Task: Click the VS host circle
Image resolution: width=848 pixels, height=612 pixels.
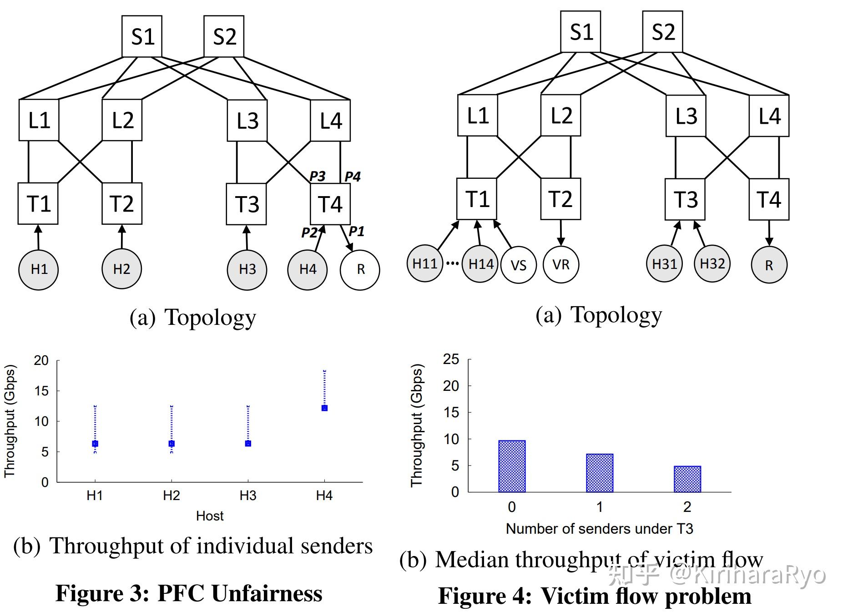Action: point(518,265)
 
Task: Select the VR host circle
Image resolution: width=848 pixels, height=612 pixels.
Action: point(560,264)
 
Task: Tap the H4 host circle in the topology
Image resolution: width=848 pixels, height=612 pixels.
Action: point(308,269)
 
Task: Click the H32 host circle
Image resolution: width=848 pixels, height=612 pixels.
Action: point(712,263)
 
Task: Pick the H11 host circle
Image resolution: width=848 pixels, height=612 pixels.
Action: point(424,263)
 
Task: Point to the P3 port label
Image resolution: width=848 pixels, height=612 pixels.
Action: point(317,176)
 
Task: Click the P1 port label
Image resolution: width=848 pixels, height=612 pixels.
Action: point(356,232)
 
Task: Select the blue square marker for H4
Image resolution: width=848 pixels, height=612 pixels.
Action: point(324,408)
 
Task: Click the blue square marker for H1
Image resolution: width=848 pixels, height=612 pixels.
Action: point(95,444)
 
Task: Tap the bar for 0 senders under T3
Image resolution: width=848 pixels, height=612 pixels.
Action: point(512,466)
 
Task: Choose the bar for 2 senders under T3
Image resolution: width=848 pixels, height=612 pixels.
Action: point(687,479)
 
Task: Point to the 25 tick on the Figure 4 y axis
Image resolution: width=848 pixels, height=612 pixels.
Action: point(451,359)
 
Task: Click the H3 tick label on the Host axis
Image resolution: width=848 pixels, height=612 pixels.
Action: point(248,496)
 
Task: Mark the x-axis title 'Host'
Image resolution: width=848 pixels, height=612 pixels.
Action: point(210,516)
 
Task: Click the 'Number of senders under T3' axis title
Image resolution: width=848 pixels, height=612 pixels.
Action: point(599,529)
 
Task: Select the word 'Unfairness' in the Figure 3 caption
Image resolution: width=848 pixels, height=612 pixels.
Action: point(267,593)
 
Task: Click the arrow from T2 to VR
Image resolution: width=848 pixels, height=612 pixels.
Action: point(560,233)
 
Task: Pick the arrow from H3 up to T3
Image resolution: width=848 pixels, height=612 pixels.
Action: point(247,237)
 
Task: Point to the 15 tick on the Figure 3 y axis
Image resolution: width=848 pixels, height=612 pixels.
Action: point(41,391)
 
